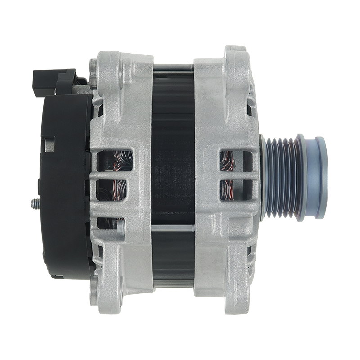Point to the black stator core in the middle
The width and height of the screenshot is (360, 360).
pyautogui.click(x=173, y=180)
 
